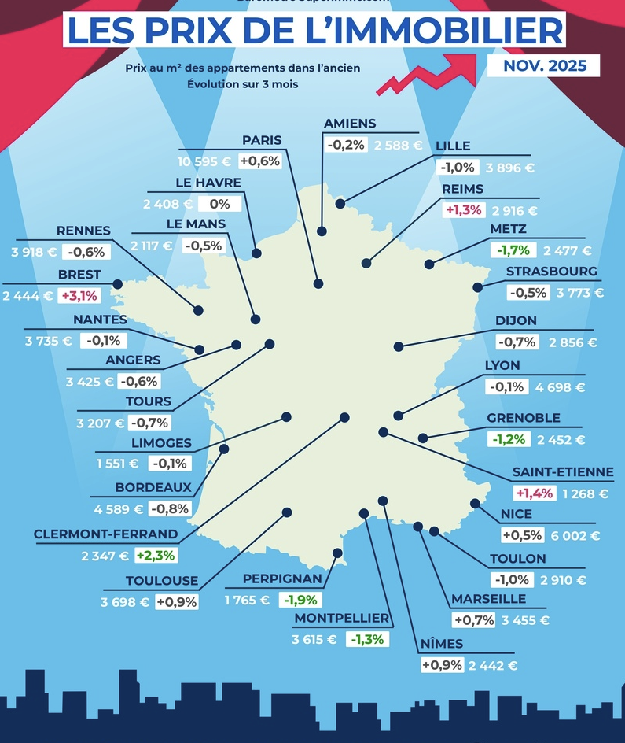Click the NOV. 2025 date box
(543, 65)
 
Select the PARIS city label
(262, 140)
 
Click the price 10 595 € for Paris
(204, 161)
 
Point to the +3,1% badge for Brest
(79, 296)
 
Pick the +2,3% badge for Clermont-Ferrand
(156, 555)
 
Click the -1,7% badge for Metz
(513, 250)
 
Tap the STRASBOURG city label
(551, 272)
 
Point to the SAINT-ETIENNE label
(563, 472)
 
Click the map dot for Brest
(117, 283)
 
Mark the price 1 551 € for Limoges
(118, 464)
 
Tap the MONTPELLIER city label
(342, 618)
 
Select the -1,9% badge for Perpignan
(300, 600)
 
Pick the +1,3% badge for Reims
(464, 210)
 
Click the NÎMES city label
(441, 644)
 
